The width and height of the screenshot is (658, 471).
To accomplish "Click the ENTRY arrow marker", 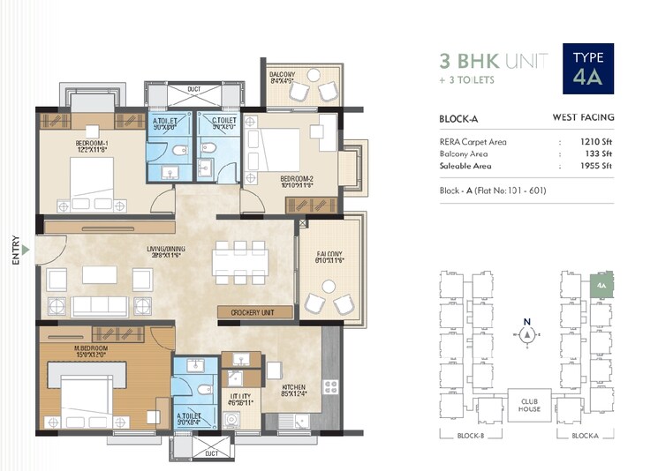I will pos(26,250).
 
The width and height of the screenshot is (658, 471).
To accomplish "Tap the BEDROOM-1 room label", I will pos(92,146).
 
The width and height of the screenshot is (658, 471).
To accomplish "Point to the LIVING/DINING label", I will pos(163,252).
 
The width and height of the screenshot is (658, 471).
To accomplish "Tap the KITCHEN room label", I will pos(294,391).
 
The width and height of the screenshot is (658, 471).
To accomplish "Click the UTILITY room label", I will pos(240,400).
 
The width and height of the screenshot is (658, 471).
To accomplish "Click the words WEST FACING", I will pos(583,117).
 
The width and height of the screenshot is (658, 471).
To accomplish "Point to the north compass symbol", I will pos(527,334).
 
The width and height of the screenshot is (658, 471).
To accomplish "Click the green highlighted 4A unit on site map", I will pos(601,285).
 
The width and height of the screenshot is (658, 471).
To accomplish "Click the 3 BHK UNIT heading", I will pos(494,61).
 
